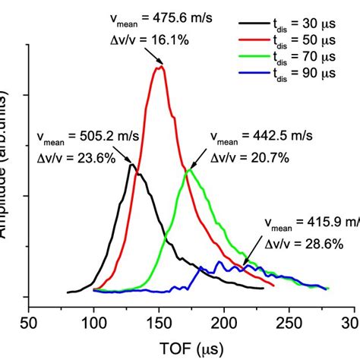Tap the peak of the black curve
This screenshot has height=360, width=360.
(x=131, y=164)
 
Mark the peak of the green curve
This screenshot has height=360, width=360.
(x=188, y=169)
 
